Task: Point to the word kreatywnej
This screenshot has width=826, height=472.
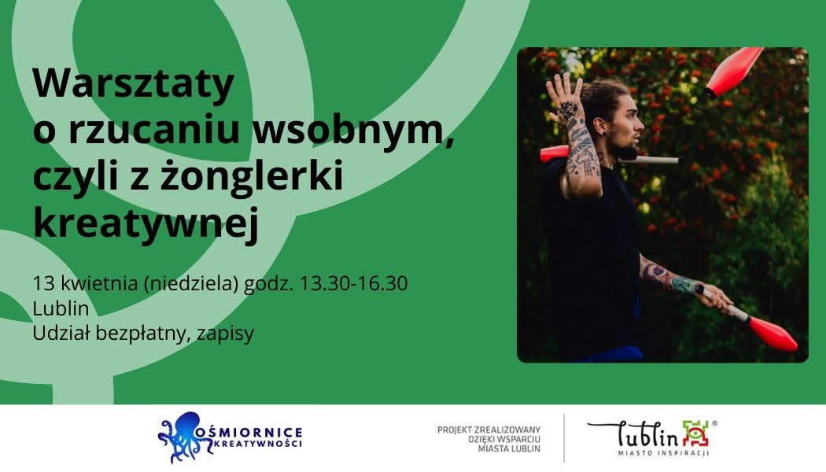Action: coord(146,223)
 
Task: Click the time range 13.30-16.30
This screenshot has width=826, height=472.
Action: coord(353,283)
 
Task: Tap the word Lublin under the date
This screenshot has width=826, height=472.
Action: coord(61,308)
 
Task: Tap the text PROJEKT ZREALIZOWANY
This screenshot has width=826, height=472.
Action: coord(489,430)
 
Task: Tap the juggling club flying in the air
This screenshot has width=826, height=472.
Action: coord(734,72)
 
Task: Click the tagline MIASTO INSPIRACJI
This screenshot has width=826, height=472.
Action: coord(664,453)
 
